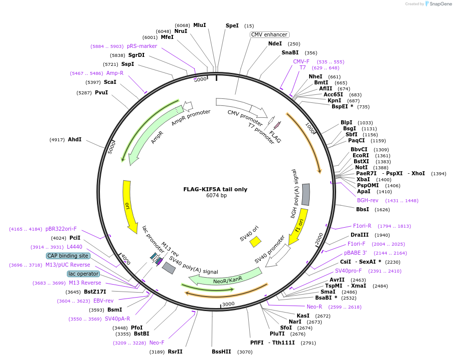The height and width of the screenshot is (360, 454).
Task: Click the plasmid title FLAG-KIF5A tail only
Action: (x=215, y=189)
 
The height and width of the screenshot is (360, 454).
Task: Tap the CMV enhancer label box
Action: (x=269, y=34)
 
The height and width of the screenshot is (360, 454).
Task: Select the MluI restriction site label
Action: (x=199, y=25)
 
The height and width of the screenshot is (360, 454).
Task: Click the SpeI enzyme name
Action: (x=232, y=25)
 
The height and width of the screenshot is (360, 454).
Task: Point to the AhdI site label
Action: (x=74, y=139)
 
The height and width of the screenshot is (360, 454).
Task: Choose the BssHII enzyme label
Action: (x=221, y=352)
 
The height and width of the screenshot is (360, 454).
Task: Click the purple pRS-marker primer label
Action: (x=142, y=46)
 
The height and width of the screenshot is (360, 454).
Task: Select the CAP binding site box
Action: (x=68, y=256)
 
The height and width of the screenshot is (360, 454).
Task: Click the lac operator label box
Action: (x=83, y=274)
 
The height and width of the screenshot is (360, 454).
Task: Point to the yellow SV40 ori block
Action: (x=255, y=242)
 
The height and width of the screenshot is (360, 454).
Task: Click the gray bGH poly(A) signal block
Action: (x=306, y=194)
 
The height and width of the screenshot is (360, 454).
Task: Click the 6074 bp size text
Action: (x=216, y=196)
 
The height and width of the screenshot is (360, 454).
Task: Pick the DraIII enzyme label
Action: (x=360, y=235)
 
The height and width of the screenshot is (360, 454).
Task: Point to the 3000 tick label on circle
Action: (x=228, y=304)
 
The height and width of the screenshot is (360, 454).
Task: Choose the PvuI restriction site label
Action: (x=101, y=92)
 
